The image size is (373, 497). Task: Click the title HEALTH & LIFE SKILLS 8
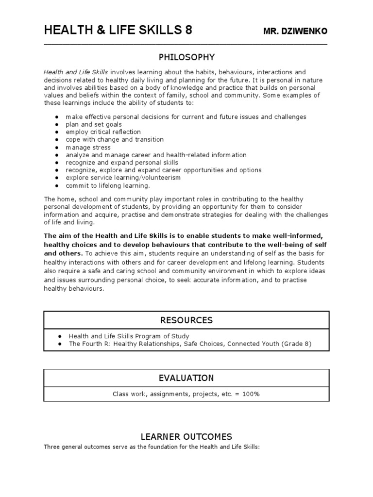[x=118, y=31]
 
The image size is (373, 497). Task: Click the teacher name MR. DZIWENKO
[x=295, y=32]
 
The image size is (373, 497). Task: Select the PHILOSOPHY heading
[x=186, y=57]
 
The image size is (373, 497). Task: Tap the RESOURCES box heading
[x=186, y=320]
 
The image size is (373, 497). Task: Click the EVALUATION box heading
[x=186, y=378]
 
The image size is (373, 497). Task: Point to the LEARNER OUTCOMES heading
[x=186, y=436]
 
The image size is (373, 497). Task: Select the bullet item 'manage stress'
[x=88, y=148]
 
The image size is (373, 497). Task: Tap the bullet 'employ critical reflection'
[x=103, y=132]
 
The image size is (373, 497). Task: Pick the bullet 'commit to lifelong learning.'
[x=108, y=185]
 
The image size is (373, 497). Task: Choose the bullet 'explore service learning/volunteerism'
[x=123, y=178]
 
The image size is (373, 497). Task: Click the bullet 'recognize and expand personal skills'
[x=121, y=163]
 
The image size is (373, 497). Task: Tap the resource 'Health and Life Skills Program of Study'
[x=129, y=336]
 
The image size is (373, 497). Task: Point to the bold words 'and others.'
[x=63, y=253]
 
